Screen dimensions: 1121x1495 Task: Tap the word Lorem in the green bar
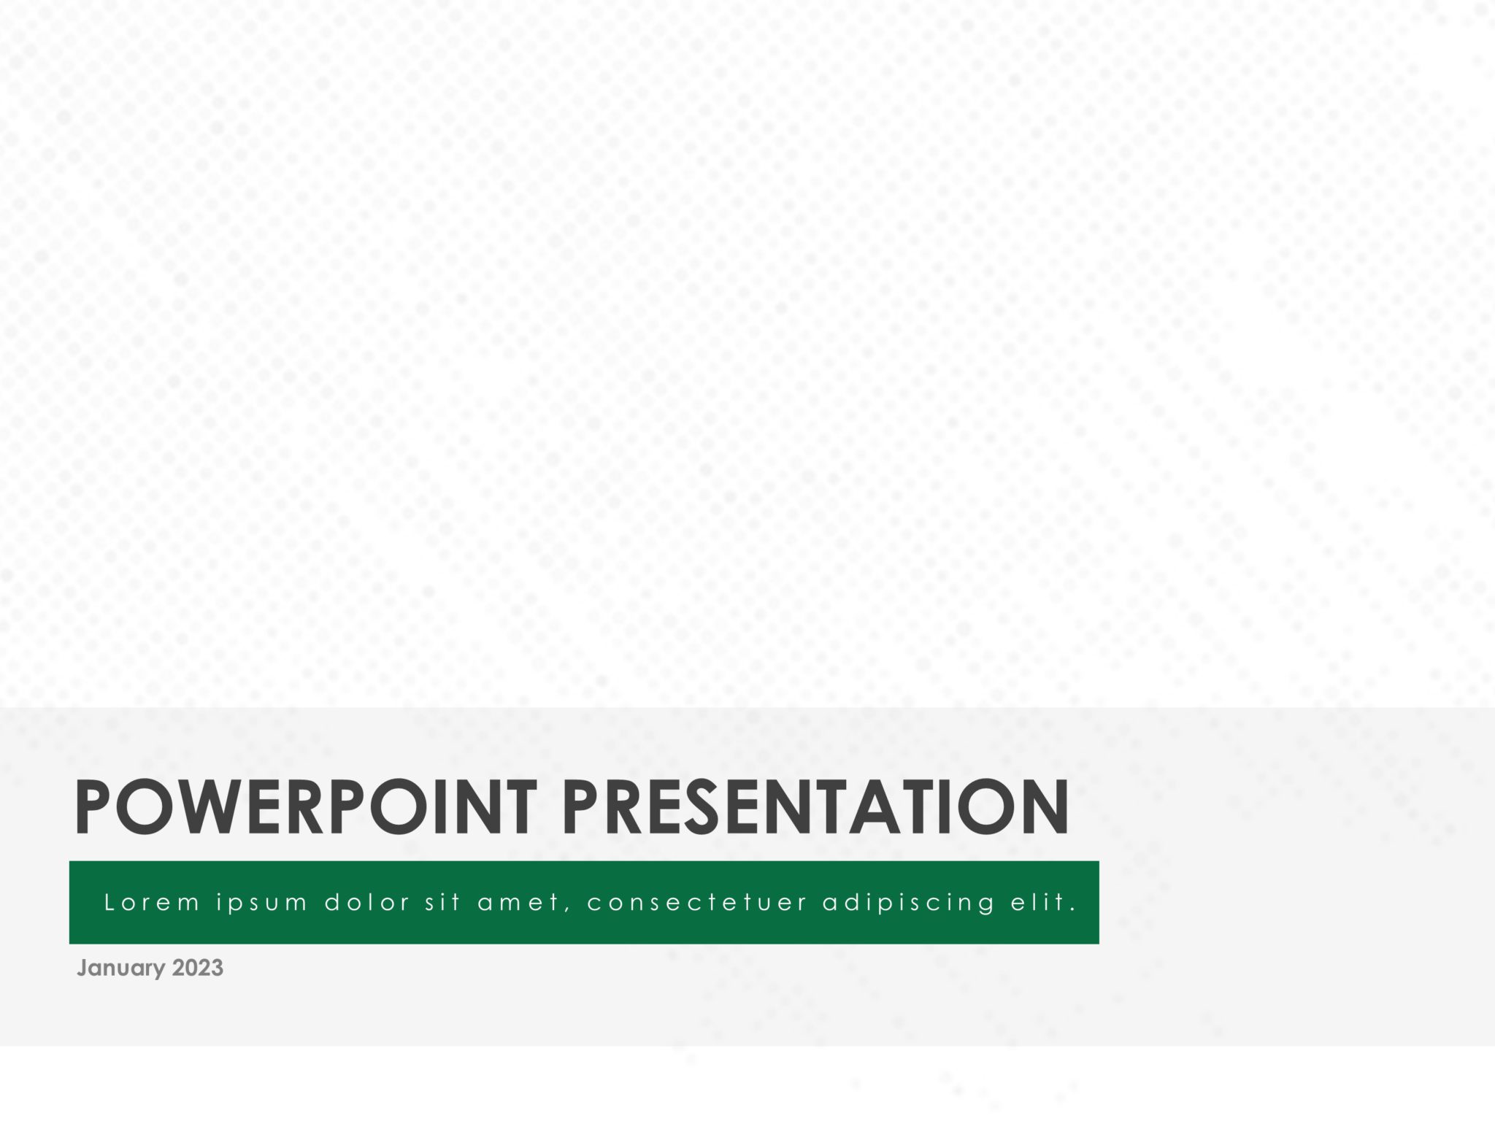pos(152,903)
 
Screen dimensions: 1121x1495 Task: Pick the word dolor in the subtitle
pos(367,903)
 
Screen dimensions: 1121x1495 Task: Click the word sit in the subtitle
pos(443,903)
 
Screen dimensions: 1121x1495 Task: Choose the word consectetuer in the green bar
pos(697,904)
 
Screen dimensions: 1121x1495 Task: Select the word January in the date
pos(121,968)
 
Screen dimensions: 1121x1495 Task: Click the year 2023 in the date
pos(198,968)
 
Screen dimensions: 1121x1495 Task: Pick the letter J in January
pos(82,968)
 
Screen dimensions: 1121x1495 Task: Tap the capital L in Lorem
pos(109,903)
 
